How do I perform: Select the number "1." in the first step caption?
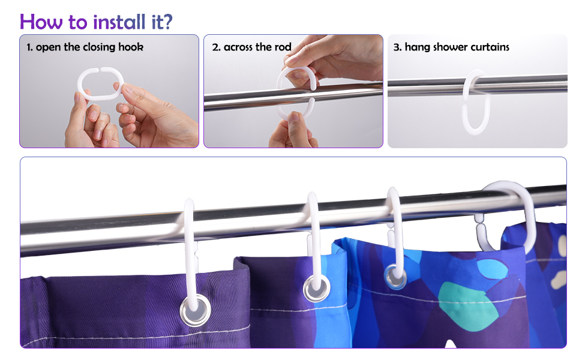29,47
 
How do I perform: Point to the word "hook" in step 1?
131,47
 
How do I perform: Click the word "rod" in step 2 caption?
283,47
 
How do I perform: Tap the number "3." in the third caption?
397,47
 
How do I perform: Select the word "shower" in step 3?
451,47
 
